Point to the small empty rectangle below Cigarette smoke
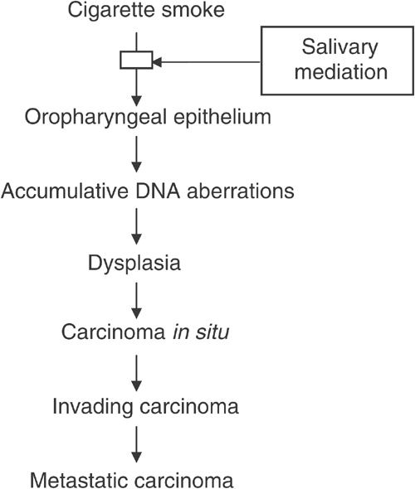[137, 60]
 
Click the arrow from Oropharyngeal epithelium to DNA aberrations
[137, 153]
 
